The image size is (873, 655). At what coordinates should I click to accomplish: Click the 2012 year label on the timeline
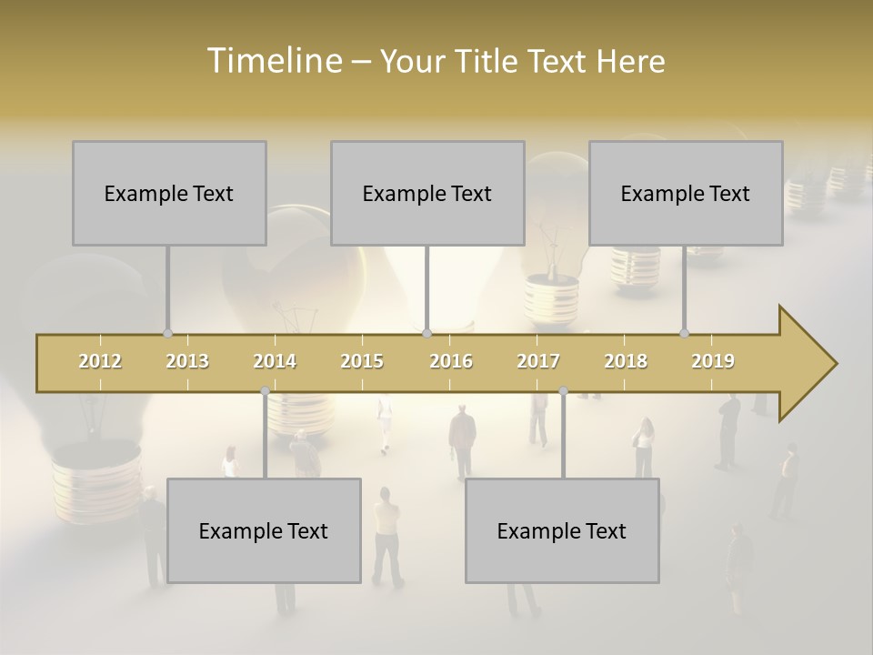click(x=100, y=361)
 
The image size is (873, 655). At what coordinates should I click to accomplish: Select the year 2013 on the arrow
click(x=187, y=361)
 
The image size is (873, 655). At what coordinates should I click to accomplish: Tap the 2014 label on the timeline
click(x=275, y=361)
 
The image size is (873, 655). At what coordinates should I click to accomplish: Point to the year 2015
click(x=362, y=361)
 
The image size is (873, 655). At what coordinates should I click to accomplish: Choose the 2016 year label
click(x=451, y=361)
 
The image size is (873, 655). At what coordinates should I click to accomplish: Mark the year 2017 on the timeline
click(x=538, y=361)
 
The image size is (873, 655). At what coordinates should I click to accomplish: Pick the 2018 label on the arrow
click(x=626, y=361)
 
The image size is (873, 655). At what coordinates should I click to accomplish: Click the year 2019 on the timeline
click(x=713, y=361)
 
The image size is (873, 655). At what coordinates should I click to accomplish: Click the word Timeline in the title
click(x=273, y=60)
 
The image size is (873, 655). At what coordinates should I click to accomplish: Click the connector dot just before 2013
click(x=167, y=334)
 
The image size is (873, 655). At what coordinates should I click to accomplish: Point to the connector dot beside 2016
click(x=427, y=334)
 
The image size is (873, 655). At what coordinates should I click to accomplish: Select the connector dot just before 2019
click(x=685, y=334)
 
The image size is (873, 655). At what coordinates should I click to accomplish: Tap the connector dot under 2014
click(x=265, y=391)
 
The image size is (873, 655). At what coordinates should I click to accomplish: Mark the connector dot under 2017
click(x=563, y=391)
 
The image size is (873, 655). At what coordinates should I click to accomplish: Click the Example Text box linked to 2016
click(x=427, y=193)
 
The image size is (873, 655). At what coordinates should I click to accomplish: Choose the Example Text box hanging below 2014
click(x=264, y=530)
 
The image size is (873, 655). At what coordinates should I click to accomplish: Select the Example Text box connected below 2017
click(x=562, y=530)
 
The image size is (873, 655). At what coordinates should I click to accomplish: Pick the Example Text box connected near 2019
click(x=686, y=193)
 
